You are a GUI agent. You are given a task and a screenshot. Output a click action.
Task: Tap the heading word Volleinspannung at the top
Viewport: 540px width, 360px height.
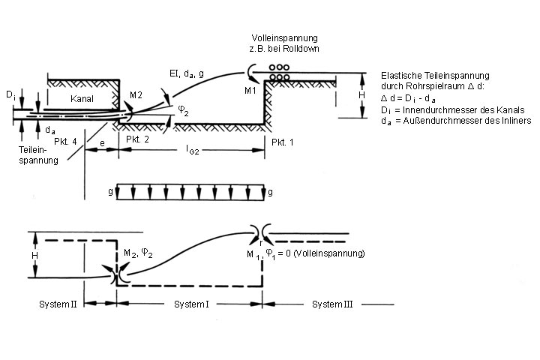coord(286,37)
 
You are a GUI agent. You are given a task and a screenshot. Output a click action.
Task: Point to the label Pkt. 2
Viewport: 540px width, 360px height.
coord(137,140)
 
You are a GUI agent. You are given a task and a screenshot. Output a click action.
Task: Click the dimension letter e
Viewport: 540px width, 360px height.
coord(101,140)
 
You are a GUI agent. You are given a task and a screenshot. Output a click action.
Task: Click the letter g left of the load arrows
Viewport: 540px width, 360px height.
coord(110,193)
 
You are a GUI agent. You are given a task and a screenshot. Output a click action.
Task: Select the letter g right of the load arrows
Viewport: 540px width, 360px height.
coord(270,193)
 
